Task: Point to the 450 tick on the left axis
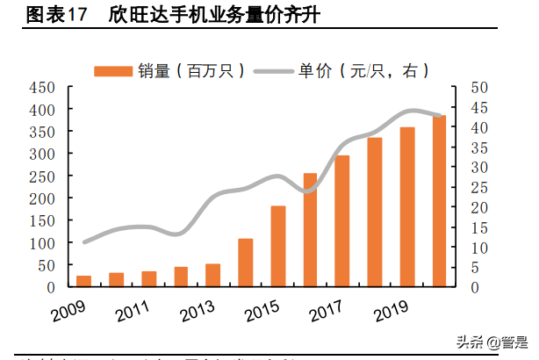[x=42, y=87]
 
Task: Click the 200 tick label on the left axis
[x=42, y=198]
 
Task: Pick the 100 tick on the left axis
[x=42, y=243]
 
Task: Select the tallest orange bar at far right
[x=438, y=202]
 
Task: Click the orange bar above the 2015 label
[x=278, y=247]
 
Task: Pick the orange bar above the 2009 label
[x=84, y=281]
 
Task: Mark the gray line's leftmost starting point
[x=84, y=241]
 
